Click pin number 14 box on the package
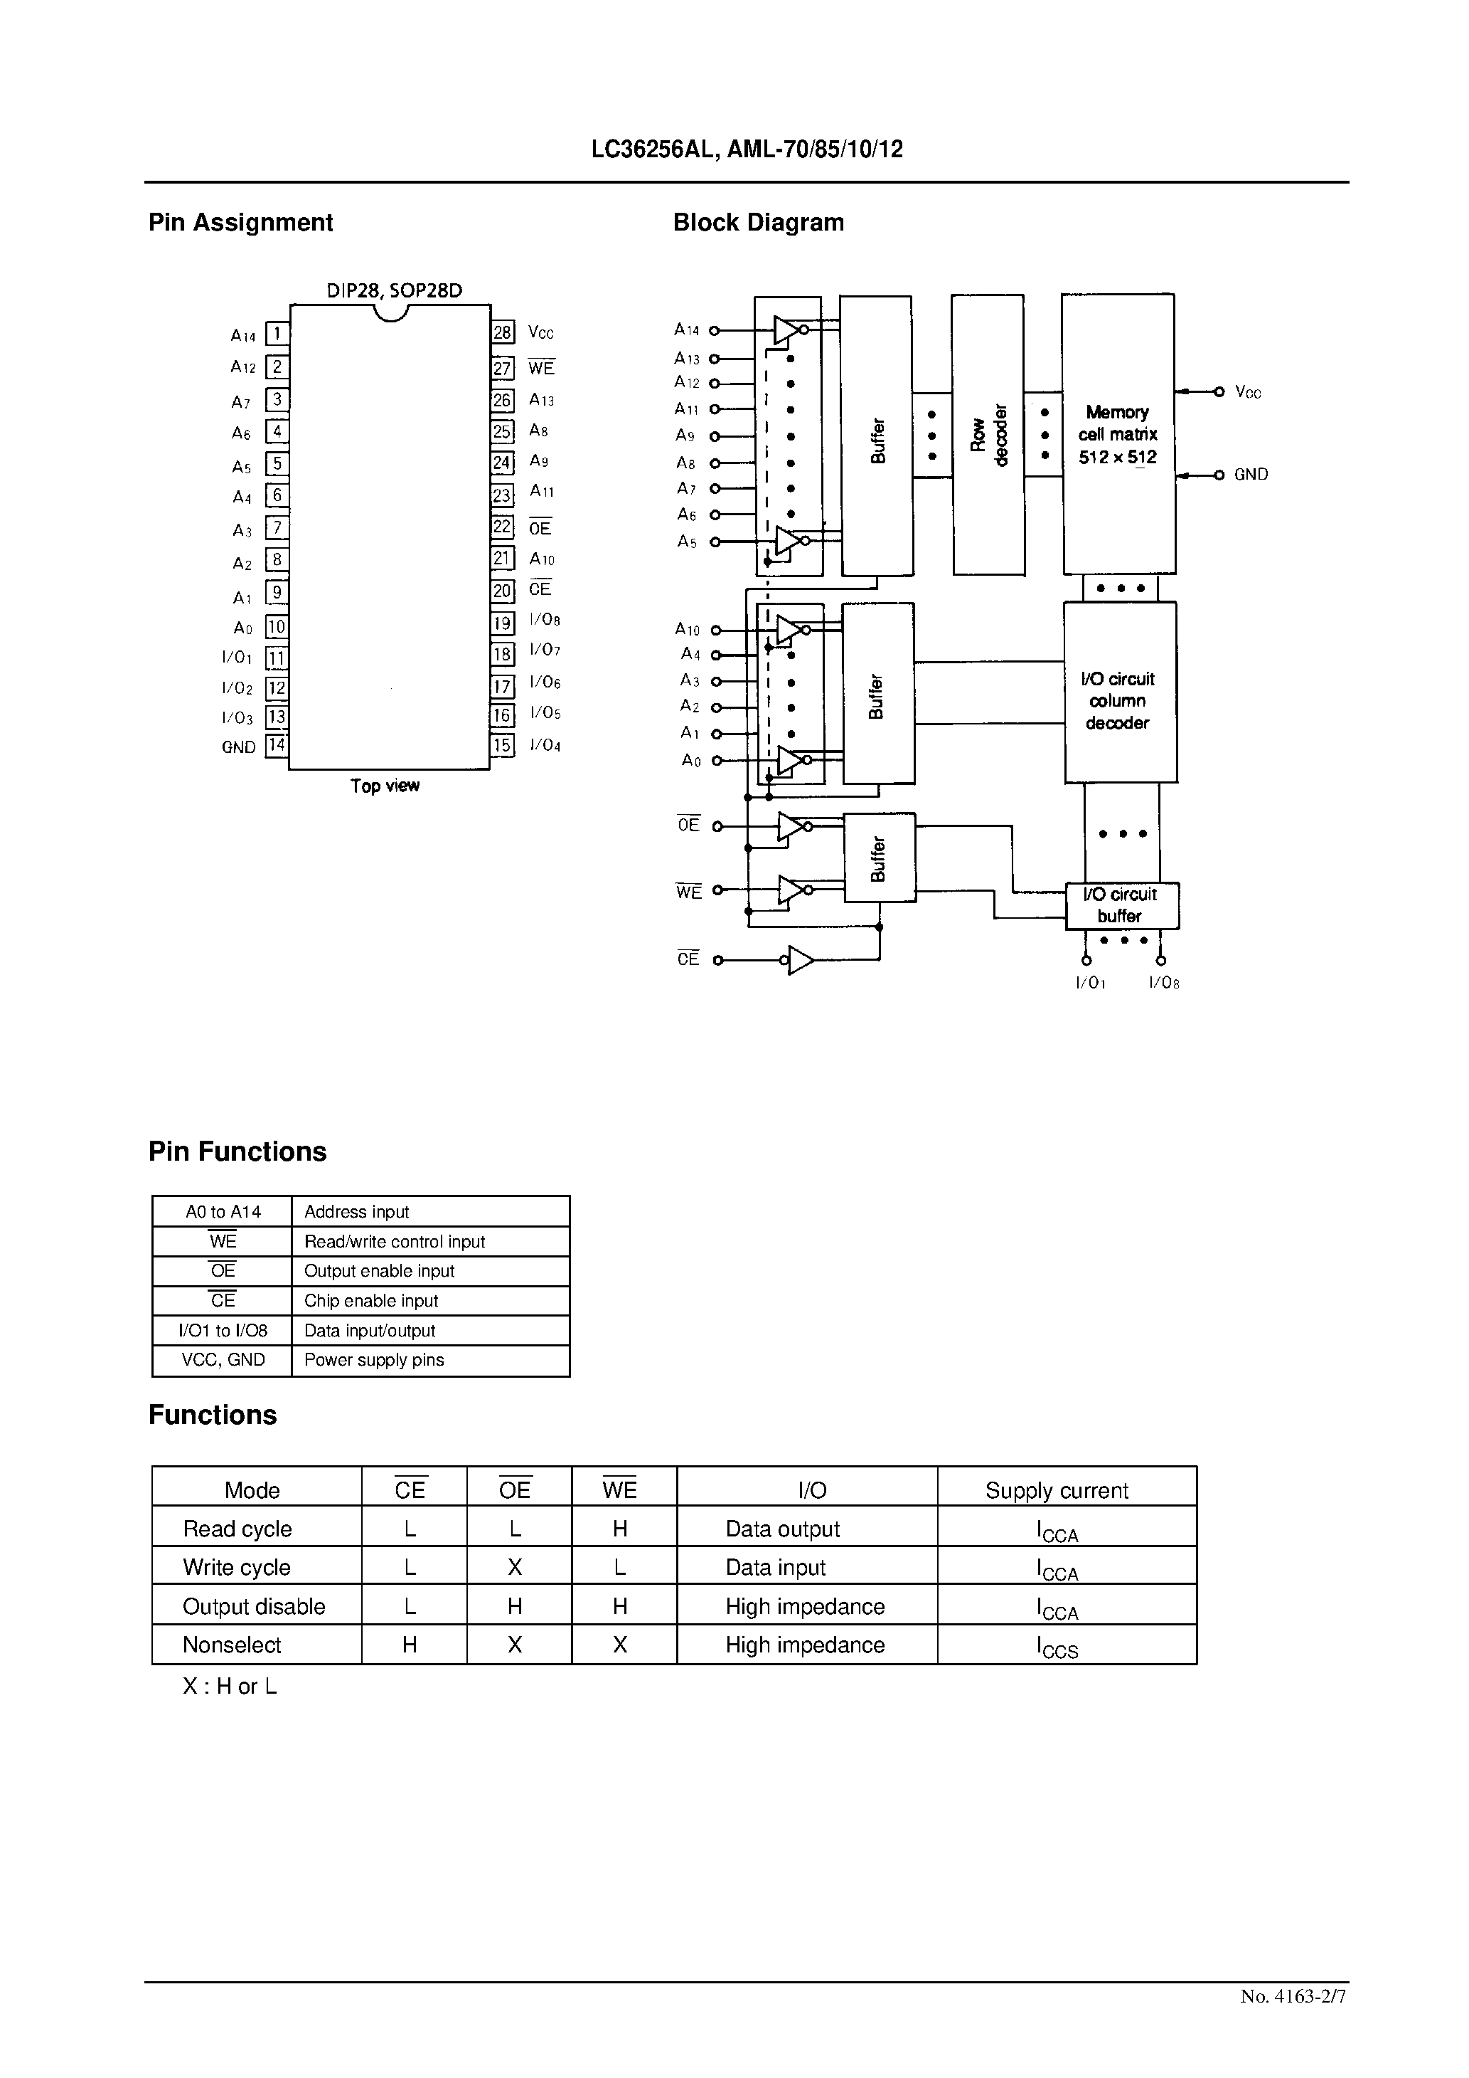click(276, 746)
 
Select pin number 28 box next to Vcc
click(503, 332)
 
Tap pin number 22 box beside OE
click(503, 527)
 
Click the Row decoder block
click(988, 434)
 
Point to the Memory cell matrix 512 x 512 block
click(1118, 434)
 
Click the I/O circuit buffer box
click(1121, 905)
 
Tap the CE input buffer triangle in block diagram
click(800, 959)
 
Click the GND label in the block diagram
click(1251, 474)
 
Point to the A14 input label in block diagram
click(687, 330)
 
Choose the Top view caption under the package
click(385, 786)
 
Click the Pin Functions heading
click(237, 1151)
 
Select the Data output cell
click(782, 1529)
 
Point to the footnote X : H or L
click(230, 1686)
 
